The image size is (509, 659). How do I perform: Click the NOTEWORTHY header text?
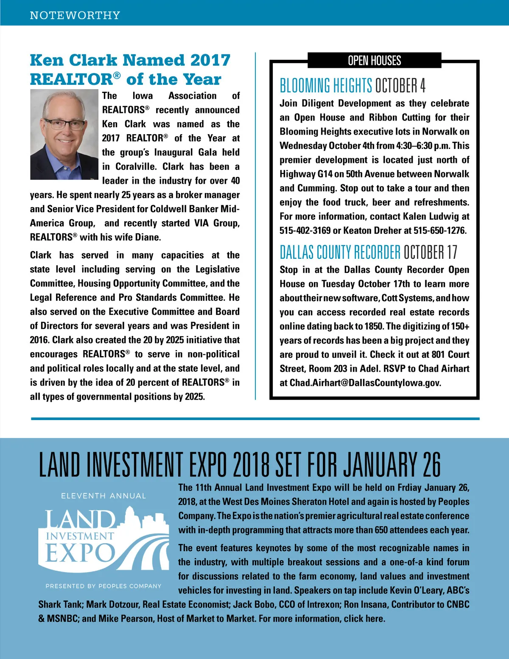coord(75,15)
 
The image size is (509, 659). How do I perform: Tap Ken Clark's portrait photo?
coord(64,134)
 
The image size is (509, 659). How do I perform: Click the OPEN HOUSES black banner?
coord(374,61)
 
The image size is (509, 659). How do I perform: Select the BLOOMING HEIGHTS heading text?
coord(326,86)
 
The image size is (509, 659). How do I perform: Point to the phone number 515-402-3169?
coord(305,231)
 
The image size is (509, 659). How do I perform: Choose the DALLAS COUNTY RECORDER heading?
coord(340,252)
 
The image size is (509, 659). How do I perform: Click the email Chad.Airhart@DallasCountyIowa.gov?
coord(365,383)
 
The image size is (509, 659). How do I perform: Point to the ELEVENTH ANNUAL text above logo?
coord(103,496)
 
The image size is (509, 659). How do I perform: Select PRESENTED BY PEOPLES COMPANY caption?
coord(103,586)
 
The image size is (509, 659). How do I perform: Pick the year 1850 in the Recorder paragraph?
coord(374,326)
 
